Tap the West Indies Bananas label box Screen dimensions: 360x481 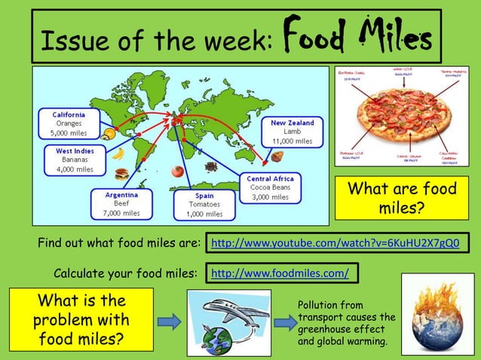[74, 160]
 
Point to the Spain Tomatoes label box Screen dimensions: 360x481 [199, 203]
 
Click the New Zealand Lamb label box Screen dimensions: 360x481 [293, 131]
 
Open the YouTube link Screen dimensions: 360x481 [335, 243]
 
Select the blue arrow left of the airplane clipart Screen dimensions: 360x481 [170, 322]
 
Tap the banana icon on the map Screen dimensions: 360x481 [117, 154]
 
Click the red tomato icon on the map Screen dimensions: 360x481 [177, 171]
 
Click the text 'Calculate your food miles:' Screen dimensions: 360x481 [126, 272]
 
